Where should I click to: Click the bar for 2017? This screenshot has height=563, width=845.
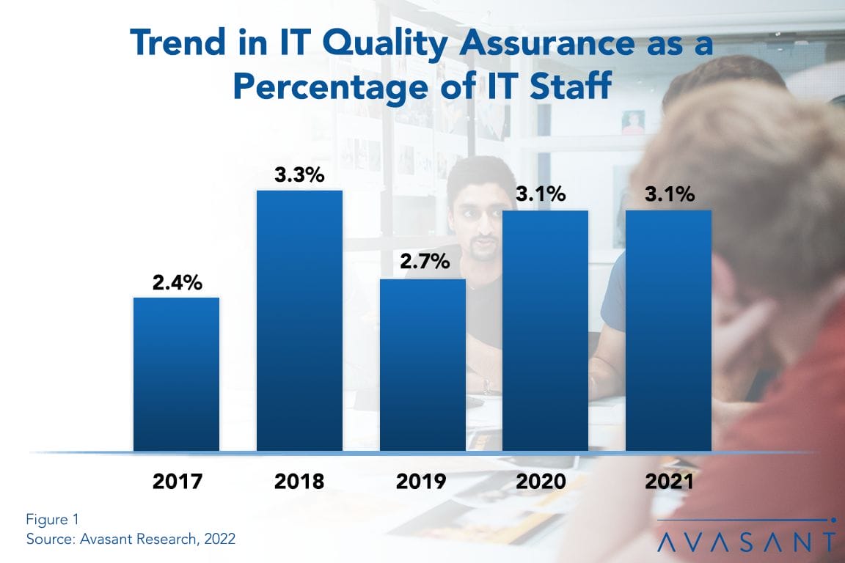click(176, 374)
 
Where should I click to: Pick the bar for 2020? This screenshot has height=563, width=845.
click(545, 331)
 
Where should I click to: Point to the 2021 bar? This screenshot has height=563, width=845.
click(668, 331)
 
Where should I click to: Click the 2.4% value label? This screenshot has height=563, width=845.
click(177, 282)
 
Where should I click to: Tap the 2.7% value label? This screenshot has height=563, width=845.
click(423, 262)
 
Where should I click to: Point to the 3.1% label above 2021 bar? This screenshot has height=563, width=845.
click(668, 194)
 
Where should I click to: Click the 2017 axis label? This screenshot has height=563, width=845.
click(177, 482)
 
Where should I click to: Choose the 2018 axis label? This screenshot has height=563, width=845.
click(299, 482)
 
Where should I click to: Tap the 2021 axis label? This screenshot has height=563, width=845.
click(668, 482)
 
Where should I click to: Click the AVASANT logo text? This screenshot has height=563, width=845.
click(746, 542)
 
